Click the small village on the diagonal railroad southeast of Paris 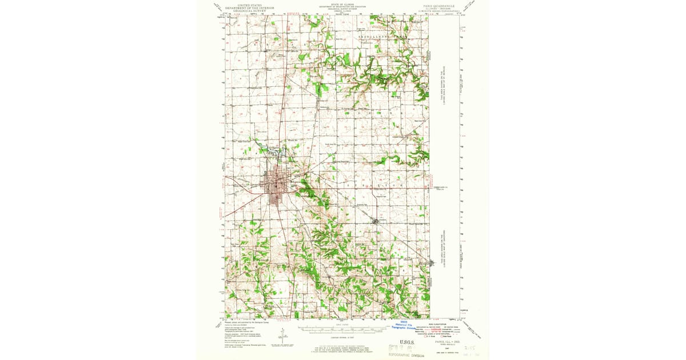tap(375, 221)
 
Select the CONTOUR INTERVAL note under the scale tap(343, 337)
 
